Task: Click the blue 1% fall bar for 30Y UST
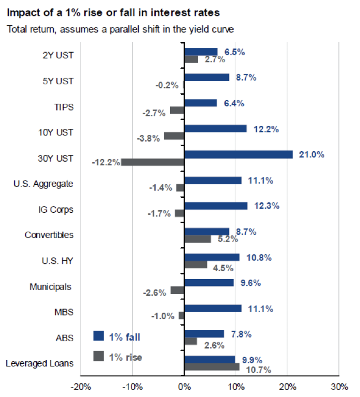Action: (x=238, y=154)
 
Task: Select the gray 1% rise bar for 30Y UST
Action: (x=153, y=162)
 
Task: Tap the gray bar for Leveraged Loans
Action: (x=212, y=367)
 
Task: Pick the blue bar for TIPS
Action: (x=201, y=103)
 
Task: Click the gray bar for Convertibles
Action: (x=197, y=239)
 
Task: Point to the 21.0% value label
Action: (x=312, y=154)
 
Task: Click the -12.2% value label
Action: (x=105, y=162)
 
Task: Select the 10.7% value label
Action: (x=258, y=370)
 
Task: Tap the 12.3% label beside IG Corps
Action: (x=265, y=205)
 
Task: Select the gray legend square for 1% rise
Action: (x=98, y=356)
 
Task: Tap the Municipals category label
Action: (x=51, y=287)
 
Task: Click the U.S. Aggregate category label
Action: (x=44, y=184)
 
